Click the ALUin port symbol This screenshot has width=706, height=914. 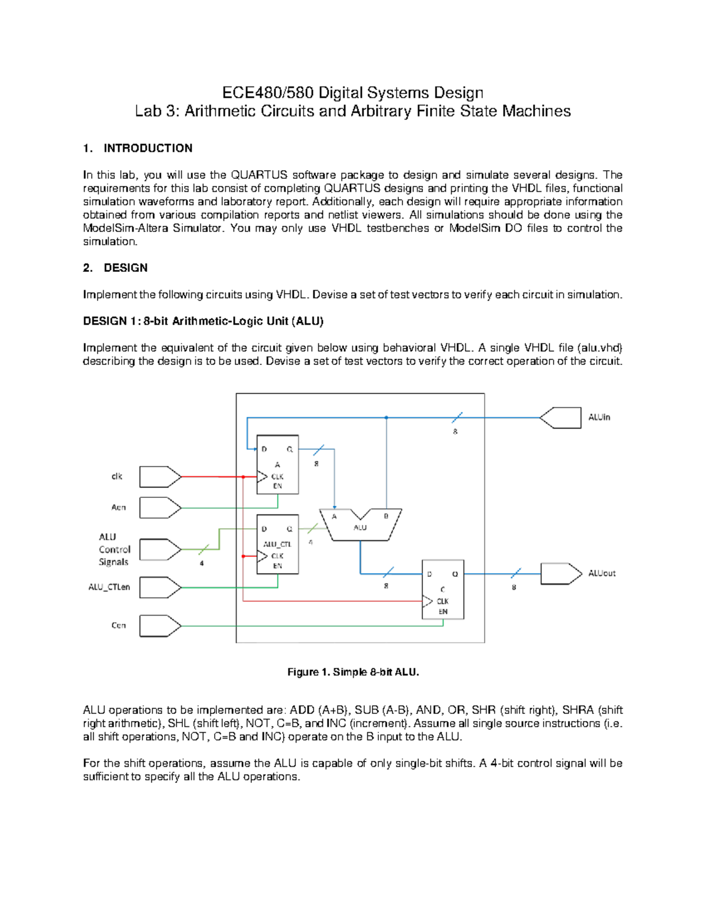click(x=561, y=418)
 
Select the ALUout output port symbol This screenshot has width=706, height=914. click(x=561, y=574)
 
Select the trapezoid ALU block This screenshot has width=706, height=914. click(x=360, y=524)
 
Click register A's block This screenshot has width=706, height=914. click(x=278, y=465)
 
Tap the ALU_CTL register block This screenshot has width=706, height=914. click(x=278, y=544)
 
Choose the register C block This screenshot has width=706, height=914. click(x=443, y=589)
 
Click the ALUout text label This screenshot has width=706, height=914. click(x=602, y=573)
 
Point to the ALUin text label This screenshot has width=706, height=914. click(x=600, y=417)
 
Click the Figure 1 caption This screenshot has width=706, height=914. click(x=353, y=672)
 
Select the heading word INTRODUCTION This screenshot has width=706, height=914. click(x=148, y=148)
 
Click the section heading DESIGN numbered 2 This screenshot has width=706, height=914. click(x=125, y=268)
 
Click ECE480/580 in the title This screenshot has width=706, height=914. click(x=268, y=93)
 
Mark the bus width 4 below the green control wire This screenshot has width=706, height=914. click(x=202, y=563)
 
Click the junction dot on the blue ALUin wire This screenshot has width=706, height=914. click(x=387, y=418)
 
